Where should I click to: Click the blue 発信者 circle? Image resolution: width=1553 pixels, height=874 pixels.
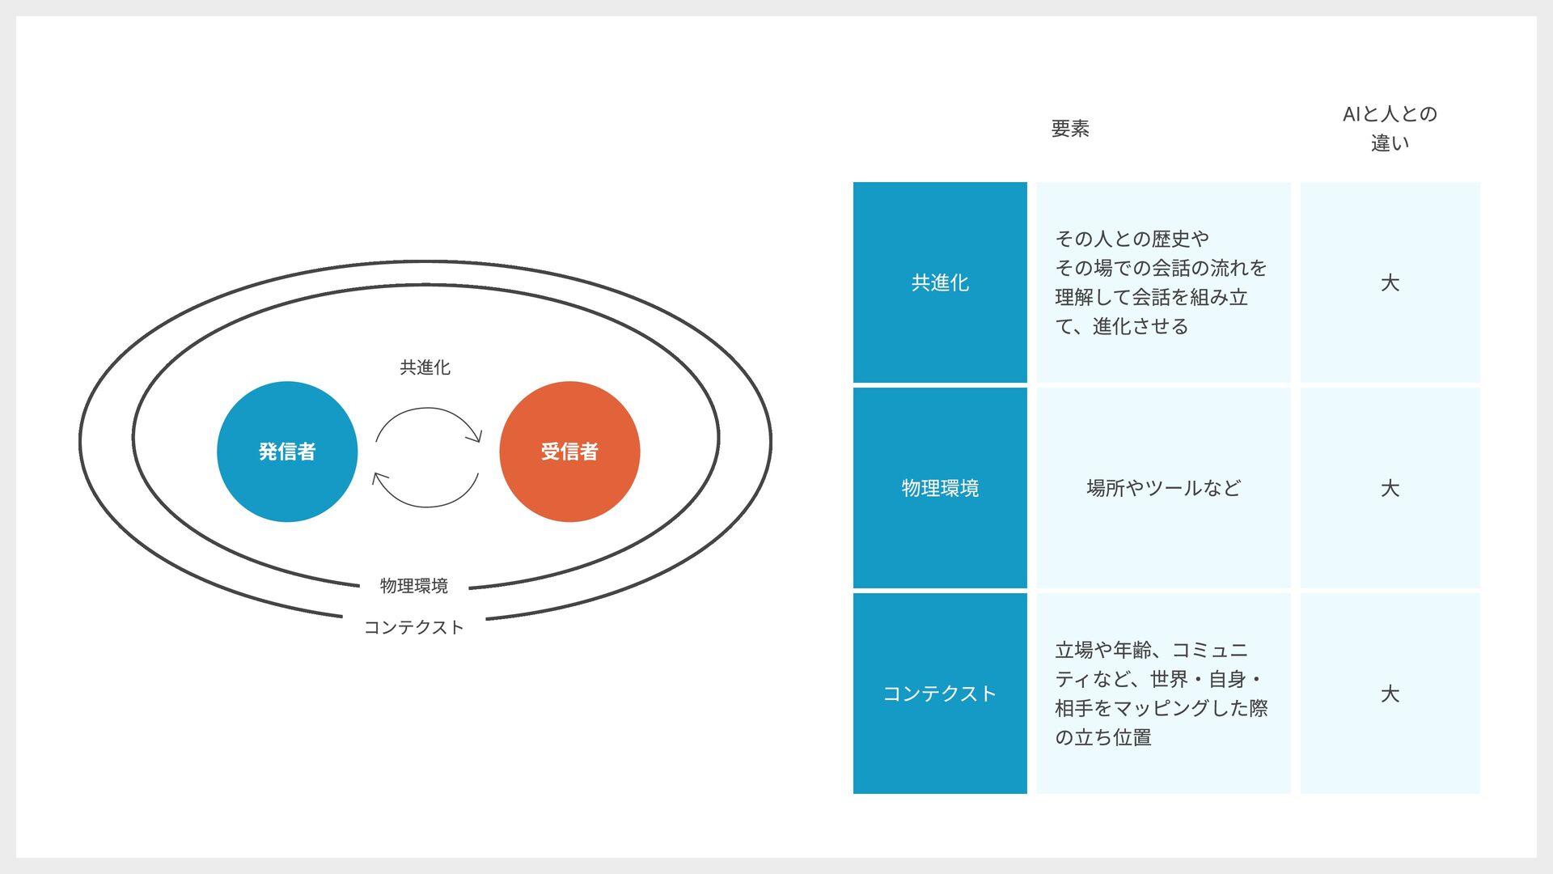pyautogui.click(x=287, y=452)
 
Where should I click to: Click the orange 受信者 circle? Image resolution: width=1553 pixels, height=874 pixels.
pyautogui.click(x=569, y=452)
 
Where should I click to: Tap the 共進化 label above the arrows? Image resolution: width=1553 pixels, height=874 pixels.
pyautogui.click(x=425, y=367)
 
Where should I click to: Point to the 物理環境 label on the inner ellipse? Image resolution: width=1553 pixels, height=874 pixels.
pyautogui.click(x=413, y=586)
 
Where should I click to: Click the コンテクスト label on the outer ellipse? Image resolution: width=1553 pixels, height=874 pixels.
pyautogui.click(x=413, y=628)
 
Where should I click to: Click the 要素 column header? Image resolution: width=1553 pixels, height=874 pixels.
pyautogui.click(x=1070, y=129)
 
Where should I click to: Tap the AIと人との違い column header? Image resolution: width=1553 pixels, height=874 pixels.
pyautogui.click(x=1390, y=129)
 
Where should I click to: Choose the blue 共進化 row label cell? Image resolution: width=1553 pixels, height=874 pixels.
pyautogui.click(x=940, y=282)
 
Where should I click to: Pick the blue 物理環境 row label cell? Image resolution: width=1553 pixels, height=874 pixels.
pyautogui.click(x=940, y=488)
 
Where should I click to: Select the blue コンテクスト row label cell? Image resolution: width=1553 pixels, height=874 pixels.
pyautogui.click(x=940, y=694)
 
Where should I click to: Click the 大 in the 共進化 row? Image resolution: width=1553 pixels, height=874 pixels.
pyautogui.click(x=1390, y=282)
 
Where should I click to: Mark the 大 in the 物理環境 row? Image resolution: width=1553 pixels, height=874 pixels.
pyautogui.click(x=1390, y=488)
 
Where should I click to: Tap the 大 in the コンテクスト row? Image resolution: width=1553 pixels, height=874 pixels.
pyautogui.click(x=1390, y=694)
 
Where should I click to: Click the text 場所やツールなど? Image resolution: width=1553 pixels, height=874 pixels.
pyautogui.click(x=1163, y=488)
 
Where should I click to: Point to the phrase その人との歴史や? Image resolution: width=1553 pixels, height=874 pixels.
pyautogui.click(x=1132, y=239)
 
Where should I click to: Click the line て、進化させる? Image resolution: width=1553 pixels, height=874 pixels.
pyautogui.click(x=1122, y=326)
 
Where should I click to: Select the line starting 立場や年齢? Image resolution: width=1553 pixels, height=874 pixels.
pyautogui.click(x=1151, y=650)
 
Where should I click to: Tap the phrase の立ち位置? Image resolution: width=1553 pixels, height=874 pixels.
pyautogui.click(x=1103, y=737)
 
